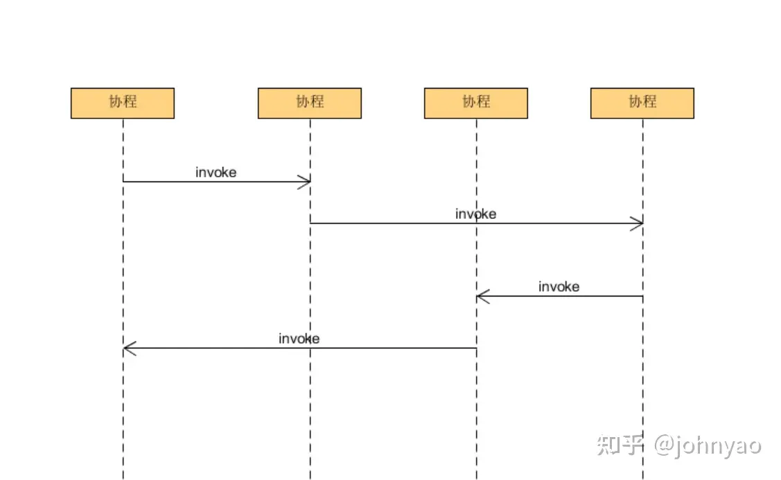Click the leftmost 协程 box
(122, 103)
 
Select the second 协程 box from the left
(309, 103)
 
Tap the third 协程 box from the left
(475, 103)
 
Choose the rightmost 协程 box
(642, 103)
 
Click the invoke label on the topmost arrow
(216, 172)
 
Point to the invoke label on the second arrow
(475, 214)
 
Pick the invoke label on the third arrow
(559, 287)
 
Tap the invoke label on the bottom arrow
(299, 339)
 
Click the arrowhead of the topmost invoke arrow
(304, 181)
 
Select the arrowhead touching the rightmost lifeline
(637, 223)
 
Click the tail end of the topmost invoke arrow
(124, 181)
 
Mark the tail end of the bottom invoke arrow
(475, 348)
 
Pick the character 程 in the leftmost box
(130, 102)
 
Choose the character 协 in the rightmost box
(635, 102)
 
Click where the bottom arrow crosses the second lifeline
(310, 348)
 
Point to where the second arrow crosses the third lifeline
(476, 223)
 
